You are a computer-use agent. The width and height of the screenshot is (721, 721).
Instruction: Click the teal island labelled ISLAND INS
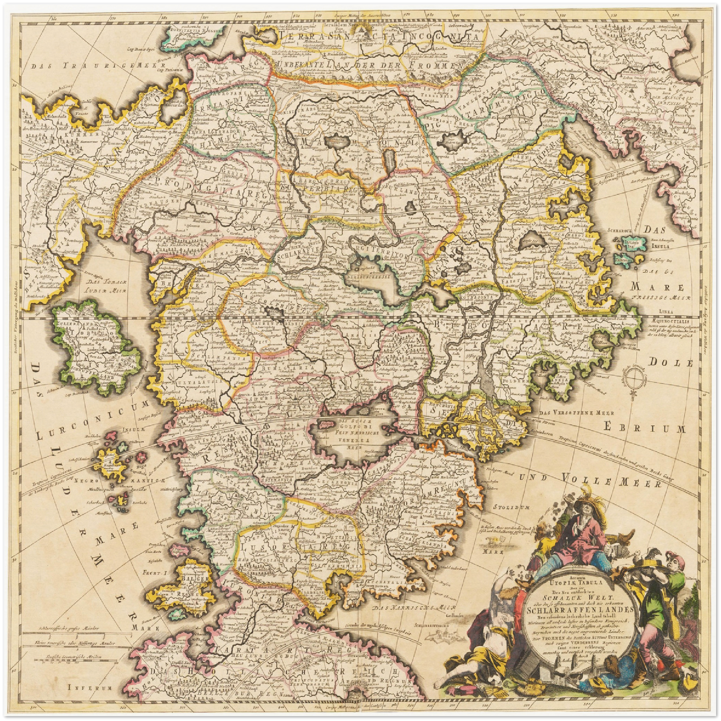627,244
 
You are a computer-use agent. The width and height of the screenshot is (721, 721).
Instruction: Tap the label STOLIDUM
510,507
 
